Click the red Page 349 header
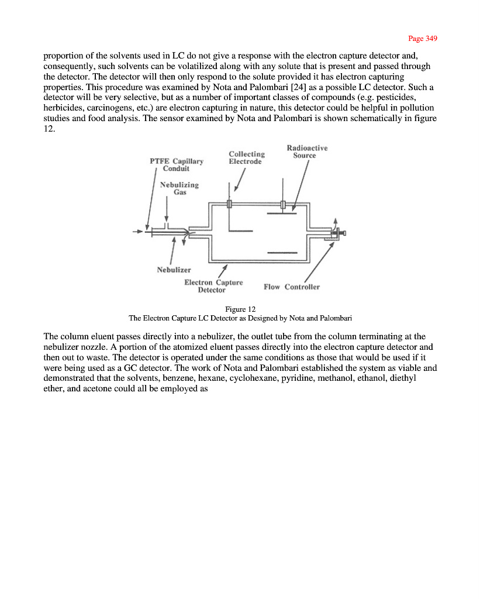tap(423, 39)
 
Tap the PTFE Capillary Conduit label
tap(177, 165)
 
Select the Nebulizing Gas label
tap(179, 188)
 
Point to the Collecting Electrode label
tap(246, 158)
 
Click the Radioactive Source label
tap(306, 152)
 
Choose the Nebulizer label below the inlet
tap(174, 270)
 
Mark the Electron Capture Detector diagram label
tap(213, 286)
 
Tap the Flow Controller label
tap(292, 287)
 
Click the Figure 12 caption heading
tap(240, 309)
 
